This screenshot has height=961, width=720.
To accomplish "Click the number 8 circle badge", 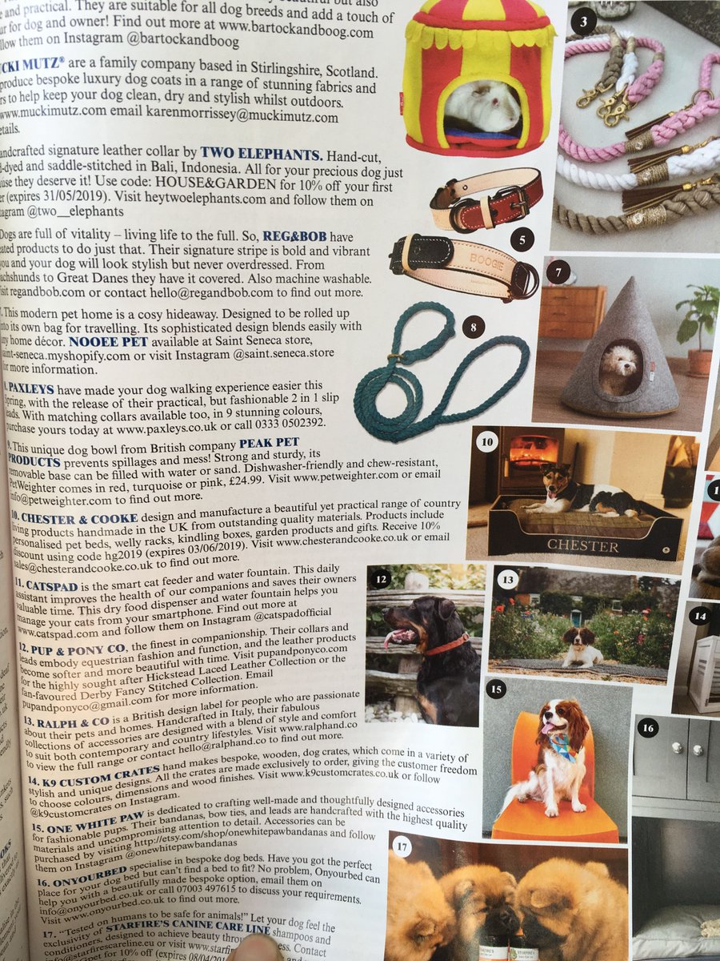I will pyautogui.click(x=474, y=328).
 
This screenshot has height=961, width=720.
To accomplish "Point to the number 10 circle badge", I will pyautogui.click(x=488, y=441).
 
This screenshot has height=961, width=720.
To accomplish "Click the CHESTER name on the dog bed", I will pyautogui.click(x=582, y=547).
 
